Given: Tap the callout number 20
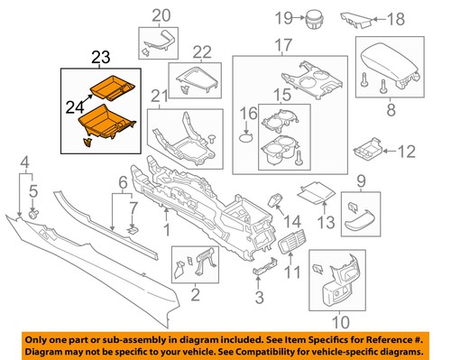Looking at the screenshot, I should point(160,14).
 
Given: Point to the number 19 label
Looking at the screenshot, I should point(281,17).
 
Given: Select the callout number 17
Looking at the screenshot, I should point(284,45).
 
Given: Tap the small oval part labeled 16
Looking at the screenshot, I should point(247,138).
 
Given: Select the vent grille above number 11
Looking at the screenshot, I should point(291,241).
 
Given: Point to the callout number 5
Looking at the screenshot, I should point(34,190).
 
